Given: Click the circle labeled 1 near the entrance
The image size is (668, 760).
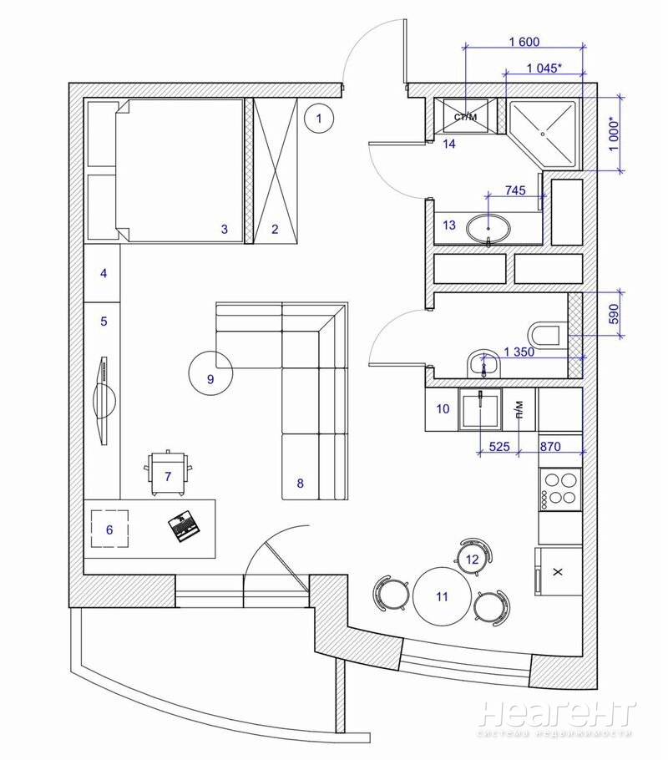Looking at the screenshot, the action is pyautogui.click(x=319, y=118).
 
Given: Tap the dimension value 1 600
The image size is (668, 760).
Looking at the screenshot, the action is pyautogui.click(x=524, y=42).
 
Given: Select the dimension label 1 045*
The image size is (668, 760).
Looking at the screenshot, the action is pyautogui.click(x=544, y=68).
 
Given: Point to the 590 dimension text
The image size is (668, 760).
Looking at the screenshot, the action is pyautogui.click(x=614, y=314).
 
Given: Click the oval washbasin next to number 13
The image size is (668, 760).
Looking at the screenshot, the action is pyautogui.click(x=488, y=228).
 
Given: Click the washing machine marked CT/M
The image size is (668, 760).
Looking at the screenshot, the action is pyautogui.click(x=465, y=116).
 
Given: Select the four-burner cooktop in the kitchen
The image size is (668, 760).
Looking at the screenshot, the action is pyautogui.click(x=560, y=489).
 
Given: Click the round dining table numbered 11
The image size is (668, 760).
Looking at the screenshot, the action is pyautogui.click(x=442, y=595).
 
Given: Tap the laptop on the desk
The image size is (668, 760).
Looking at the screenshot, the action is pyautogui.click(x=184, y=526).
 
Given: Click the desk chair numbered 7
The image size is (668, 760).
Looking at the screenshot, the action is pyautogui.click(x=168, y=474).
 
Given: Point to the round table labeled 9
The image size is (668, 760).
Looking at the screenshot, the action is pyautogui.click(x=210, y=372).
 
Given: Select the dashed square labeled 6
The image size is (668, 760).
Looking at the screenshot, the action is pyautogui.click(x=109, y=529).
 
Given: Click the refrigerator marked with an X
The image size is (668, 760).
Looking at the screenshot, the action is pyautogui.click(x=558, y=571).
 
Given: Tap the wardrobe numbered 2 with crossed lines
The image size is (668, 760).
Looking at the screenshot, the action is pyautogui.click(x=275, y=170).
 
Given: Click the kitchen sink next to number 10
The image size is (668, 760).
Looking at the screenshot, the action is pyautogui.click(x=480, y=409).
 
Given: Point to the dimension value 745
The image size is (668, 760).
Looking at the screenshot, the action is pyautogui.click(x=515, y=190).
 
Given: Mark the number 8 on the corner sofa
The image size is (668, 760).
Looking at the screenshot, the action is pyautogui.click(x=300, y=484).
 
